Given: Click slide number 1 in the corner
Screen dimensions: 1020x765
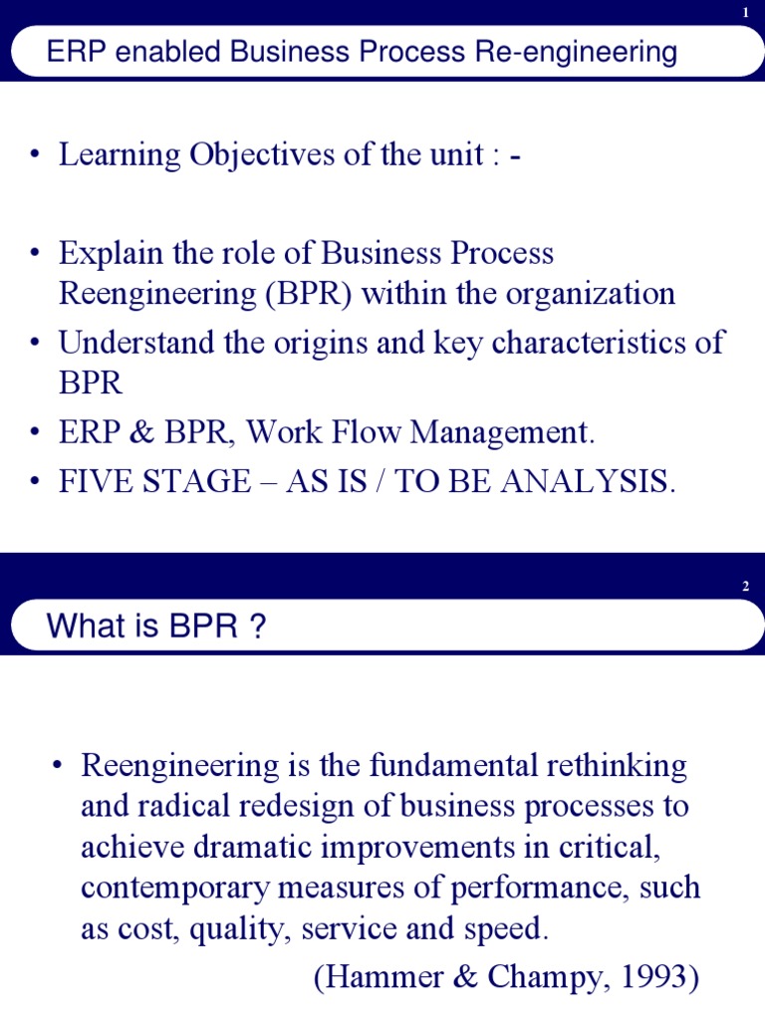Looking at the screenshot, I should click(745, 12).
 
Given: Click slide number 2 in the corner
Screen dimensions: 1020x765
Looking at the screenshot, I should click(745, 587).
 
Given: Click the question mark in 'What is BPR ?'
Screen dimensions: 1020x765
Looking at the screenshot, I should click(259, 628).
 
